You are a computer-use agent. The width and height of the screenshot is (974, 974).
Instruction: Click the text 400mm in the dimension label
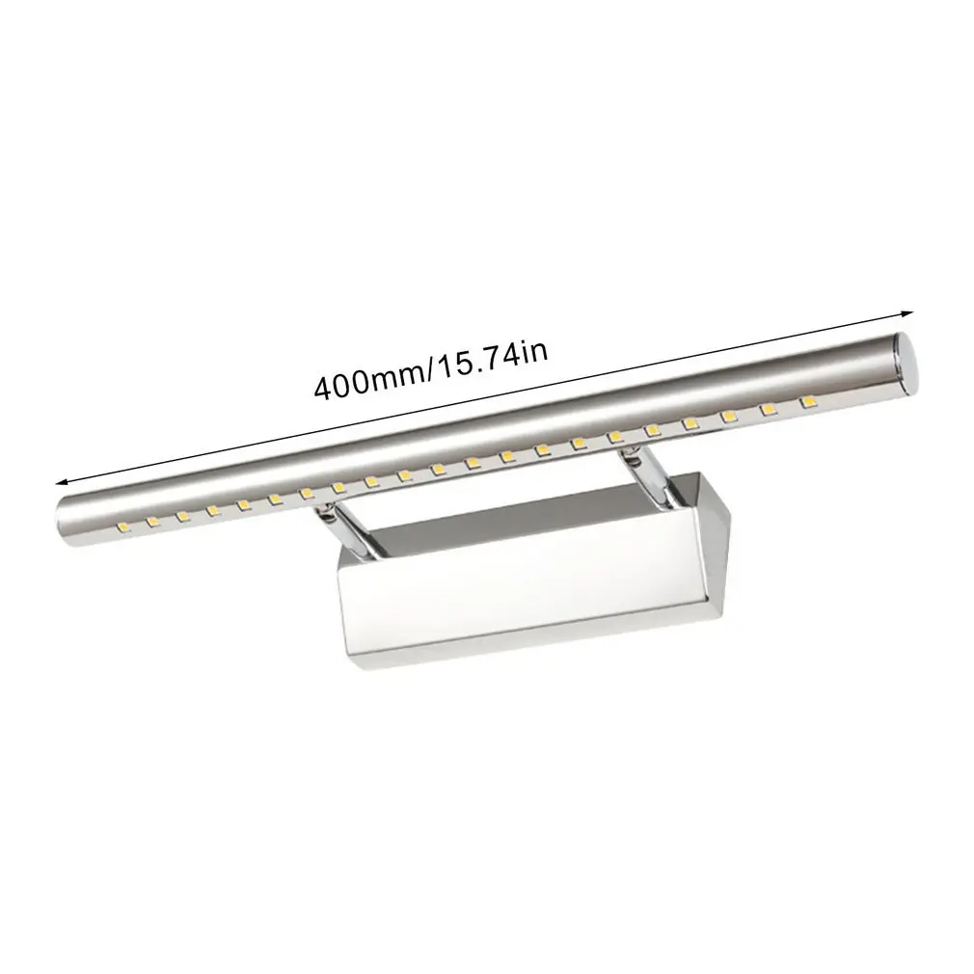click(367, 383)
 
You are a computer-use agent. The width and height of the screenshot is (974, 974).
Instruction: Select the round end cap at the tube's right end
click(906, 364)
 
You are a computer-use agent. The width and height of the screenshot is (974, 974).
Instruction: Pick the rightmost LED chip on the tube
click(807, 402)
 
